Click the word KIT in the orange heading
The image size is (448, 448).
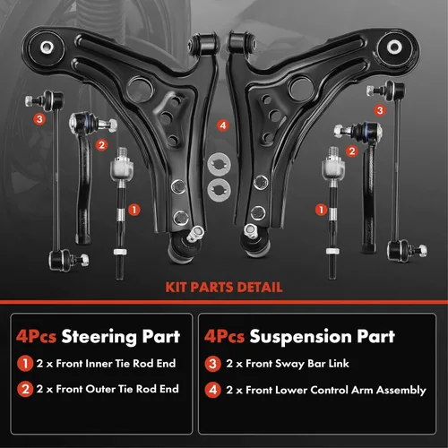pyautogui.click(x=177, y=288)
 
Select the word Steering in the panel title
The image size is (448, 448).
pyautogui.click(x=99, y=337)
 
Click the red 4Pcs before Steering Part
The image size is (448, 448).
pyautogui.click(x=36, y=337)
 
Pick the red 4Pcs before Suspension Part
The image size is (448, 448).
pyautogui.click(x=224, y=337)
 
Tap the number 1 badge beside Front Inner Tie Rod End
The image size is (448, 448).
pyautogui.click(x=25, y=364)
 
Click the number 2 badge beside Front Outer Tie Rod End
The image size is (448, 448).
pyautogui.click(x=25, y=389)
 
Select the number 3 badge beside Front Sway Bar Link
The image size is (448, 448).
pyautogui.click(x=212, y=364)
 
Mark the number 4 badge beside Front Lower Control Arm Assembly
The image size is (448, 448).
pyautogui.click(x=212, y=390)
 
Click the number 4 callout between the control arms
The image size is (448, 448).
pyautogui.click(x=223, y=125)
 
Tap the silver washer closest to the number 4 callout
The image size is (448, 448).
pyautogui.click(x=220, y=164)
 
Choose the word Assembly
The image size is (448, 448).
pyautogui.click(x=401, y=391)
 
